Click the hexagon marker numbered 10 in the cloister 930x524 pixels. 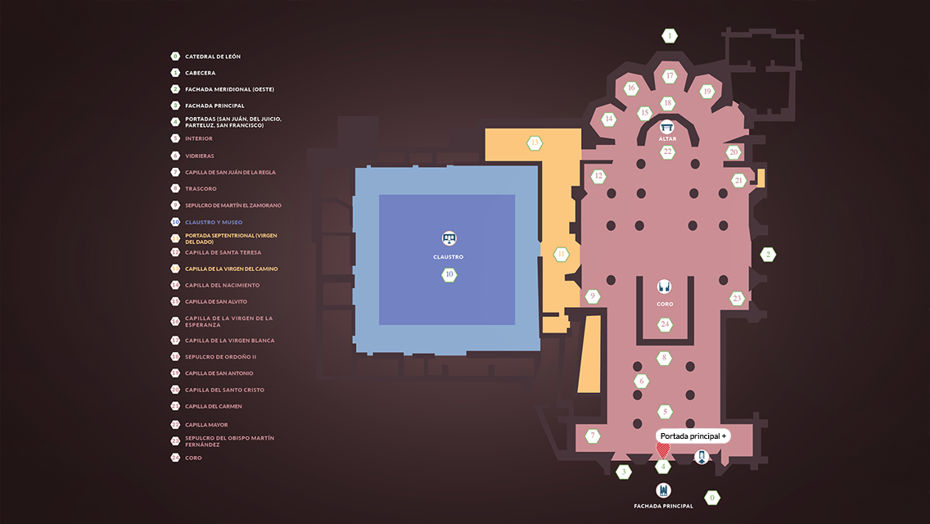coord(449,275)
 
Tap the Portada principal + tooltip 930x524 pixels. coord(693,436)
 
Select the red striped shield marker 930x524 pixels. coord(662,449)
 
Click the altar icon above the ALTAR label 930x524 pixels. coord(667,128)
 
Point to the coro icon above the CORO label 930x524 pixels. coord(665,287)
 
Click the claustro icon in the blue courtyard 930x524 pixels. coord(449,239)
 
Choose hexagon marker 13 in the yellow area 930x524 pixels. coord(535,143)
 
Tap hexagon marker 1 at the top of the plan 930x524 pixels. coord(670,36)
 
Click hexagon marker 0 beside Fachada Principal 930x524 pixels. coord(712,497)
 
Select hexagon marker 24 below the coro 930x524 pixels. coord(665,324)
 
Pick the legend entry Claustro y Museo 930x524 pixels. coord(213,222)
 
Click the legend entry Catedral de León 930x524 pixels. coord(212,56)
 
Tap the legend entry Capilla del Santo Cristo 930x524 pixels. coord(224,390)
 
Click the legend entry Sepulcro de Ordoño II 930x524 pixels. coord(220,357)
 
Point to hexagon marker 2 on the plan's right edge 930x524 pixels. coord(768,255)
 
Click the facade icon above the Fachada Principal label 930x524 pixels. coord(663,490)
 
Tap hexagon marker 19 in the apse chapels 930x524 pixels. coord(707,92)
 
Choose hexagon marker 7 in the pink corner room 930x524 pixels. coord(592,436)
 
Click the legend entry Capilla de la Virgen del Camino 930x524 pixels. coord(231,269)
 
